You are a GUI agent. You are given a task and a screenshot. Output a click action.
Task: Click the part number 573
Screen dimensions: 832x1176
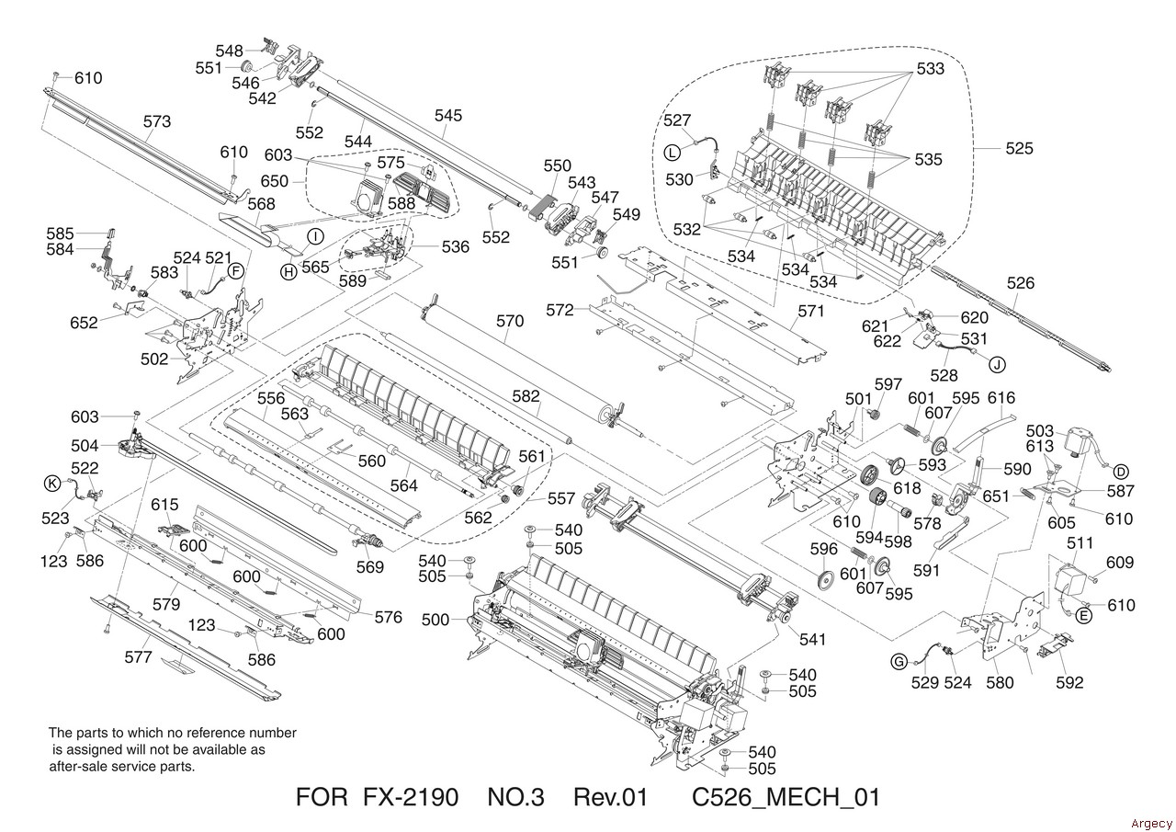point(157,120)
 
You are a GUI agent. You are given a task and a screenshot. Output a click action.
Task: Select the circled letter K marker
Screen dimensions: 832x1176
point(51,483)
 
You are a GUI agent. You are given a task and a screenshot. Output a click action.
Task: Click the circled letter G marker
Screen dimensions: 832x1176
point(899,660)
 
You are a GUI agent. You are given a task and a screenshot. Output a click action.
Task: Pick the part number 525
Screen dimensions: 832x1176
point(1018,148)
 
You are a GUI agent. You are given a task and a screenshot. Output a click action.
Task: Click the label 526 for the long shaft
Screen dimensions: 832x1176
point(1020,283)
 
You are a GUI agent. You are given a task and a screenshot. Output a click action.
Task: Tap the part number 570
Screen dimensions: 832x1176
point(510,321)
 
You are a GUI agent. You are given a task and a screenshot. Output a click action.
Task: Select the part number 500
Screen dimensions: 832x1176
point(436,620)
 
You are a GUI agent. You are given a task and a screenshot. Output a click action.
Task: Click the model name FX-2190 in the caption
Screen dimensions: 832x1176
point(410,797)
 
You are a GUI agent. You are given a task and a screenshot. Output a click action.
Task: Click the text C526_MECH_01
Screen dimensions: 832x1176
point(786,797)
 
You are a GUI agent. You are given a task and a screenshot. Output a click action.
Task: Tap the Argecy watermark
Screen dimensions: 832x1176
point(1151,822)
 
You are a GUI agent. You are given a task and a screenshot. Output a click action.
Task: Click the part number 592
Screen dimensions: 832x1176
point(1069,682)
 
